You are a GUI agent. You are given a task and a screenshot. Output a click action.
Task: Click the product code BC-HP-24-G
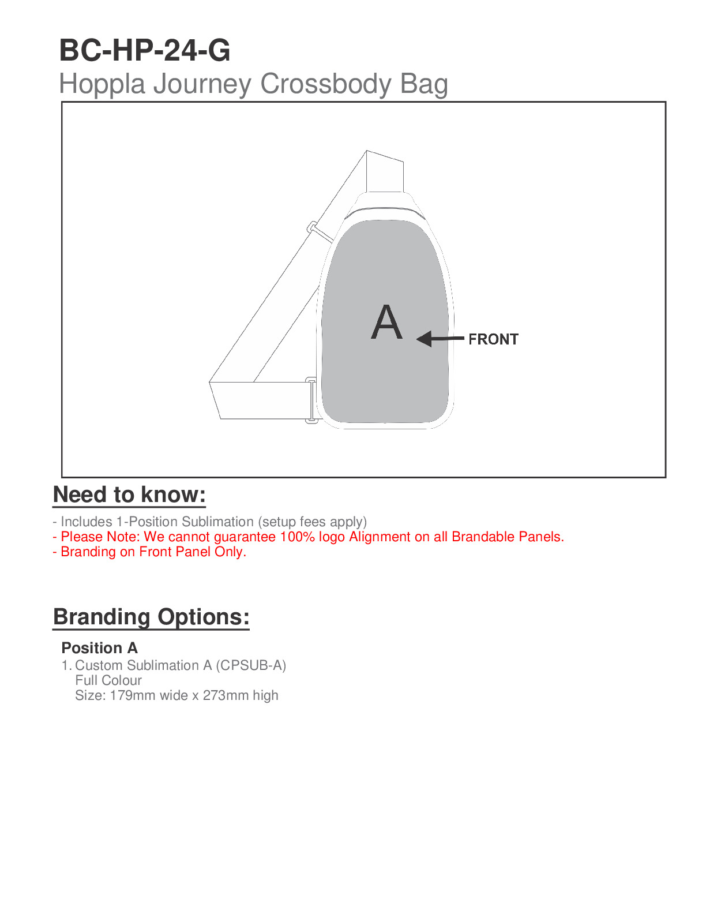point(145,51)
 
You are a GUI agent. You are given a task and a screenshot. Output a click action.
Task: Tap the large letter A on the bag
point(386,323)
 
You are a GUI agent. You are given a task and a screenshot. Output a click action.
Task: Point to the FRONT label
point(493,339)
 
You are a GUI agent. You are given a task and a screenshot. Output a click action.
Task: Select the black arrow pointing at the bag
point(440,339)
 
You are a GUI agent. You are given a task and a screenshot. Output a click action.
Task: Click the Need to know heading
point(129,495)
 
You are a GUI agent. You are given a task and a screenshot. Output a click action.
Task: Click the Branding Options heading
point(151,617)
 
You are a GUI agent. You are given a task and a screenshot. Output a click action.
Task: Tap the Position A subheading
point(99,648)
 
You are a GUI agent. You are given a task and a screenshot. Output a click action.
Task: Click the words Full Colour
point(108,680)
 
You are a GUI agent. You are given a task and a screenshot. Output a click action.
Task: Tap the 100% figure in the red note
point(297,537)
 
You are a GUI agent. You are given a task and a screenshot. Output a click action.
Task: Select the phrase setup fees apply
point(312,522)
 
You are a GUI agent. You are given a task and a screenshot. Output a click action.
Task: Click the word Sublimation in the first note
point(217,522)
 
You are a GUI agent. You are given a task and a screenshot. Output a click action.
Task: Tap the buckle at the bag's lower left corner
point(311,400)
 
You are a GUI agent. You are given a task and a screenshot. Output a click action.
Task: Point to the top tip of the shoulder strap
point(367,152)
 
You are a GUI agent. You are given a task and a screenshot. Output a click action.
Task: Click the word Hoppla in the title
point(102,84)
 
